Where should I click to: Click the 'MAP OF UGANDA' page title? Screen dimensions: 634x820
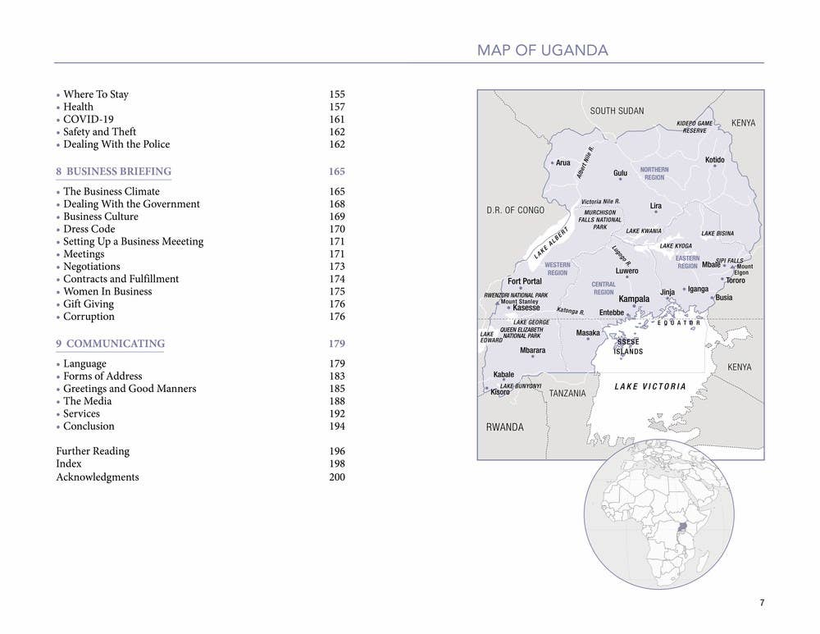(x=542, y=51)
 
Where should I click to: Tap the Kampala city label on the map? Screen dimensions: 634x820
(x=634, y=299)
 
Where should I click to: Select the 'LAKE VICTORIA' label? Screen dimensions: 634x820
(x=650, y=386)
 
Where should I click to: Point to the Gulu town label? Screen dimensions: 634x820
(x=620, y=173)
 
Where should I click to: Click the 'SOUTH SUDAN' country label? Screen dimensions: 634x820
(x=617, y=111)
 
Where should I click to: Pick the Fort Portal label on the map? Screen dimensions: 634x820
(x=525, y=281)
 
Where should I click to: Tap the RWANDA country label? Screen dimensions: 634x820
(x=504, y=427)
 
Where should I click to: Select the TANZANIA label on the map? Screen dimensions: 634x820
(x=567, y=394)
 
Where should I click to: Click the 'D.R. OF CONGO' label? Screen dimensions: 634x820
(x=515, y=211)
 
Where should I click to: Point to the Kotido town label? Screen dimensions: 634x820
(x=714, y=160)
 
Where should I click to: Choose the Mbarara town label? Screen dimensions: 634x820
(x=532, y=350)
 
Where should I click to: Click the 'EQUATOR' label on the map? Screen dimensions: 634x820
(x=679, y=323)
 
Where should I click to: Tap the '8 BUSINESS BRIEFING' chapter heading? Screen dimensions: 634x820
(x=113, y=171)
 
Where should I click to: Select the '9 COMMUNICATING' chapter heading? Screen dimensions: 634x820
(x=110, y=344)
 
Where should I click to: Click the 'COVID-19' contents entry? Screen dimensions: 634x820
(x=89, y=119)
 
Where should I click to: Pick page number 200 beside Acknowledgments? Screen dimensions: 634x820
(x=337, y=477)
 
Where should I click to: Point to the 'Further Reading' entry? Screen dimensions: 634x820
(x=93, y=451)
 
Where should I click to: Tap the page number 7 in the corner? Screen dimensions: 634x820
(x=762, y=603)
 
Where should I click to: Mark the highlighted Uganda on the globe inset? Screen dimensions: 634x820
(x=682, y=527)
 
